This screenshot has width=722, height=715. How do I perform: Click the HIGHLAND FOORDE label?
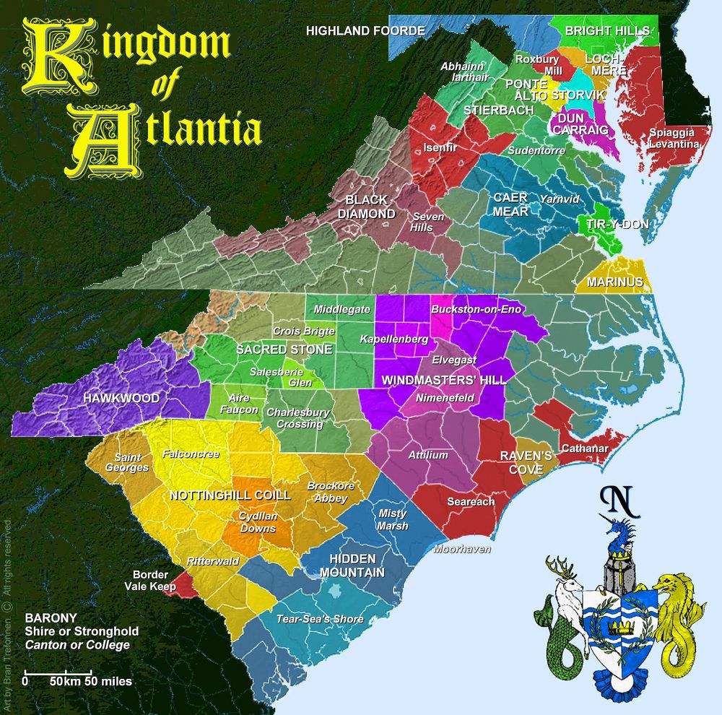coord(365,30)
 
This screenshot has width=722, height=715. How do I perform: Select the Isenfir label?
coord(440,148)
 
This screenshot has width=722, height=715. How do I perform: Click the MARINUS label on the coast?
coord(615,281)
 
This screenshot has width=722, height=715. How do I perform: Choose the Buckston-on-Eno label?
coord(475,309)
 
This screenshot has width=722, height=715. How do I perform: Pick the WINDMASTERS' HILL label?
coord(443,379)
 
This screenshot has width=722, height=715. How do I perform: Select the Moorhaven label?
coord(462,550)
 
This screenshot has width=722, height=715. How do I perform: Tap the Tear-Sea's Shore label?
coord(320,619)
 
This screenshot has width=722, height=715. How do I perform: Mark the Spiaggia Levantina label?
coord(673,139)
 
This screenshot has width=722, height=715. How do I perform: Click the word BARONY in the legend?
coord(47,618)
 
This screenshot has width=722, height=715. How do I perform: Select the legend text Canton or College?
coord(77,644)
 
